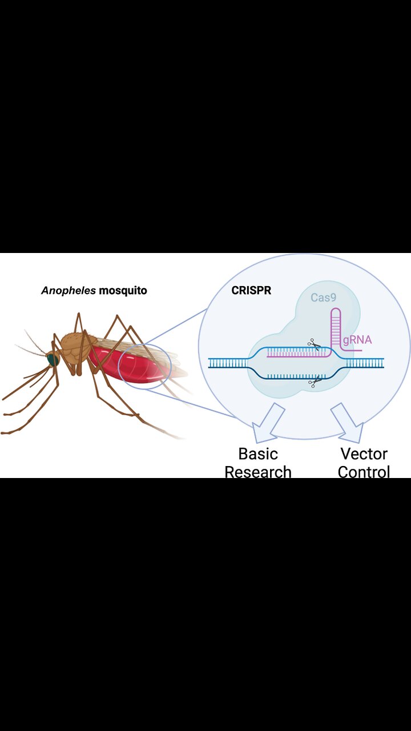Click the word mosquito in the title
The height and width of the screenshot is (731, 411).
point(123,291)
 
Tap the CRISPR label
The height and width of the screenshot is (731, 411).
point(251,290)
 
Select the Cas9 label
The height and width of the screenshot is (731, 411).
point(323,298)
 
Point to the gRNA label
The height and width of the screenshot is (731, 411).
point(357,340)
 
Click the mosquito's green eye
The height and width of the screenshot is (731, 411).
point(53,360)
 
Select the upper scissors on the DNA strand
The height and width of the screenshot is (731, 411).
point(313,344)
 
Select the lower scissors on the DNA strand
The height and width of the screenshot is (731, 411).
point(313,383)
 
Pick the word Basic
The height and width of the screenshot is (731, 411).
point(258,454)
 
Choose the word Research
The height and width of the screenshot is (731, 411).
point(258,472)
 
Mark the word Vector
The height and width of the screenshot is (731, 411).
point(364,454)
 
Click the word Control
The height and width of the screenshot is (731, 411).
point(364,472)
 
